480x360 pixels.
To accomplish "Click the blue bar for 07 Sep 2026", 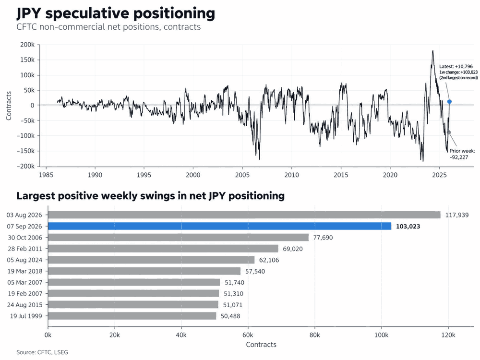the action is (x=219, y=226).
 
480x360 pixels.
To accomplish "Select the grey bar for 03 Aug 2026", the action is (x=244, y=215).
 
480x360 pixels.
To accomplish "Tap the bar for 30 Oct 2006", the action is (x=178, y=238).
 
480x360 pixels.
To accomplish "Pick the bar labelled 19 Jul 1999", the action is (x=132, y=316).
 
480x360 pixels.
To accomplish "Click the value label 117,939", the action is (x=457, y=215).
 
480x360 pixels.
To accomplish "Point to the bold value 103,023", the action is (x=408, y=227).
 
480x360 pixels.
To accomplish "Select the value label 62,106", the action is (x=269, y=260).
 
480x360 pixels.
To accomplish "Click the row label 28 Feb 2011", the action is (x=25, y=249).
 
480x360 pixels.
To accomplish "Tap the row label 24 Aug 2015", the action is (x=25, y=305).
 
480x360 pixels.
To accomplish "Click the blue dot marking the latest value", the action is (x=449, y=102).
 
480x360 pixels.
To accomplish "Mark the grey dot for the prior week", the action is (x=449, y=132).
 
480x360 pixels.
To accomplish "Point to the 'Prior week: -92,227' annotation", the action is (x=462, y=154).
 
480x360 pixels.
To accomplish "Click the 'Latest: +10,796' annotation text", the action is (x=456, y=66).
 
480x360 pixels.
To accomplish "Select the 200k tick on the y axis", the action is (x=27, y=45).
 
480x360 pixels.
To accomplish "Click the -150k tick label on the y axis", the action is (x=26, y=151).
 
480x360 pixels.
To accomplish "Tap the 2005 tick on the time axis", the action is (x=242, y=175).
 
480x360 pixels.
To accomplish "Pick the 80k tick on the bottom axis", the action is (x=314, y=335).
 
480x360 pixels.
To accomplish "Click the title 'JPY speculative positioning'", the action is (x=116, y=13).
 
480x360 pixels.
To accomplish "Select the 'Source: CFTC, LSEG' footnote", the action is (x=42, y=352).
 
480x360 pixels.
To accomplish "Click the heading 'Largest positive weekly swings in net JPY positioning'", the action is (x=150, y=196).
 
